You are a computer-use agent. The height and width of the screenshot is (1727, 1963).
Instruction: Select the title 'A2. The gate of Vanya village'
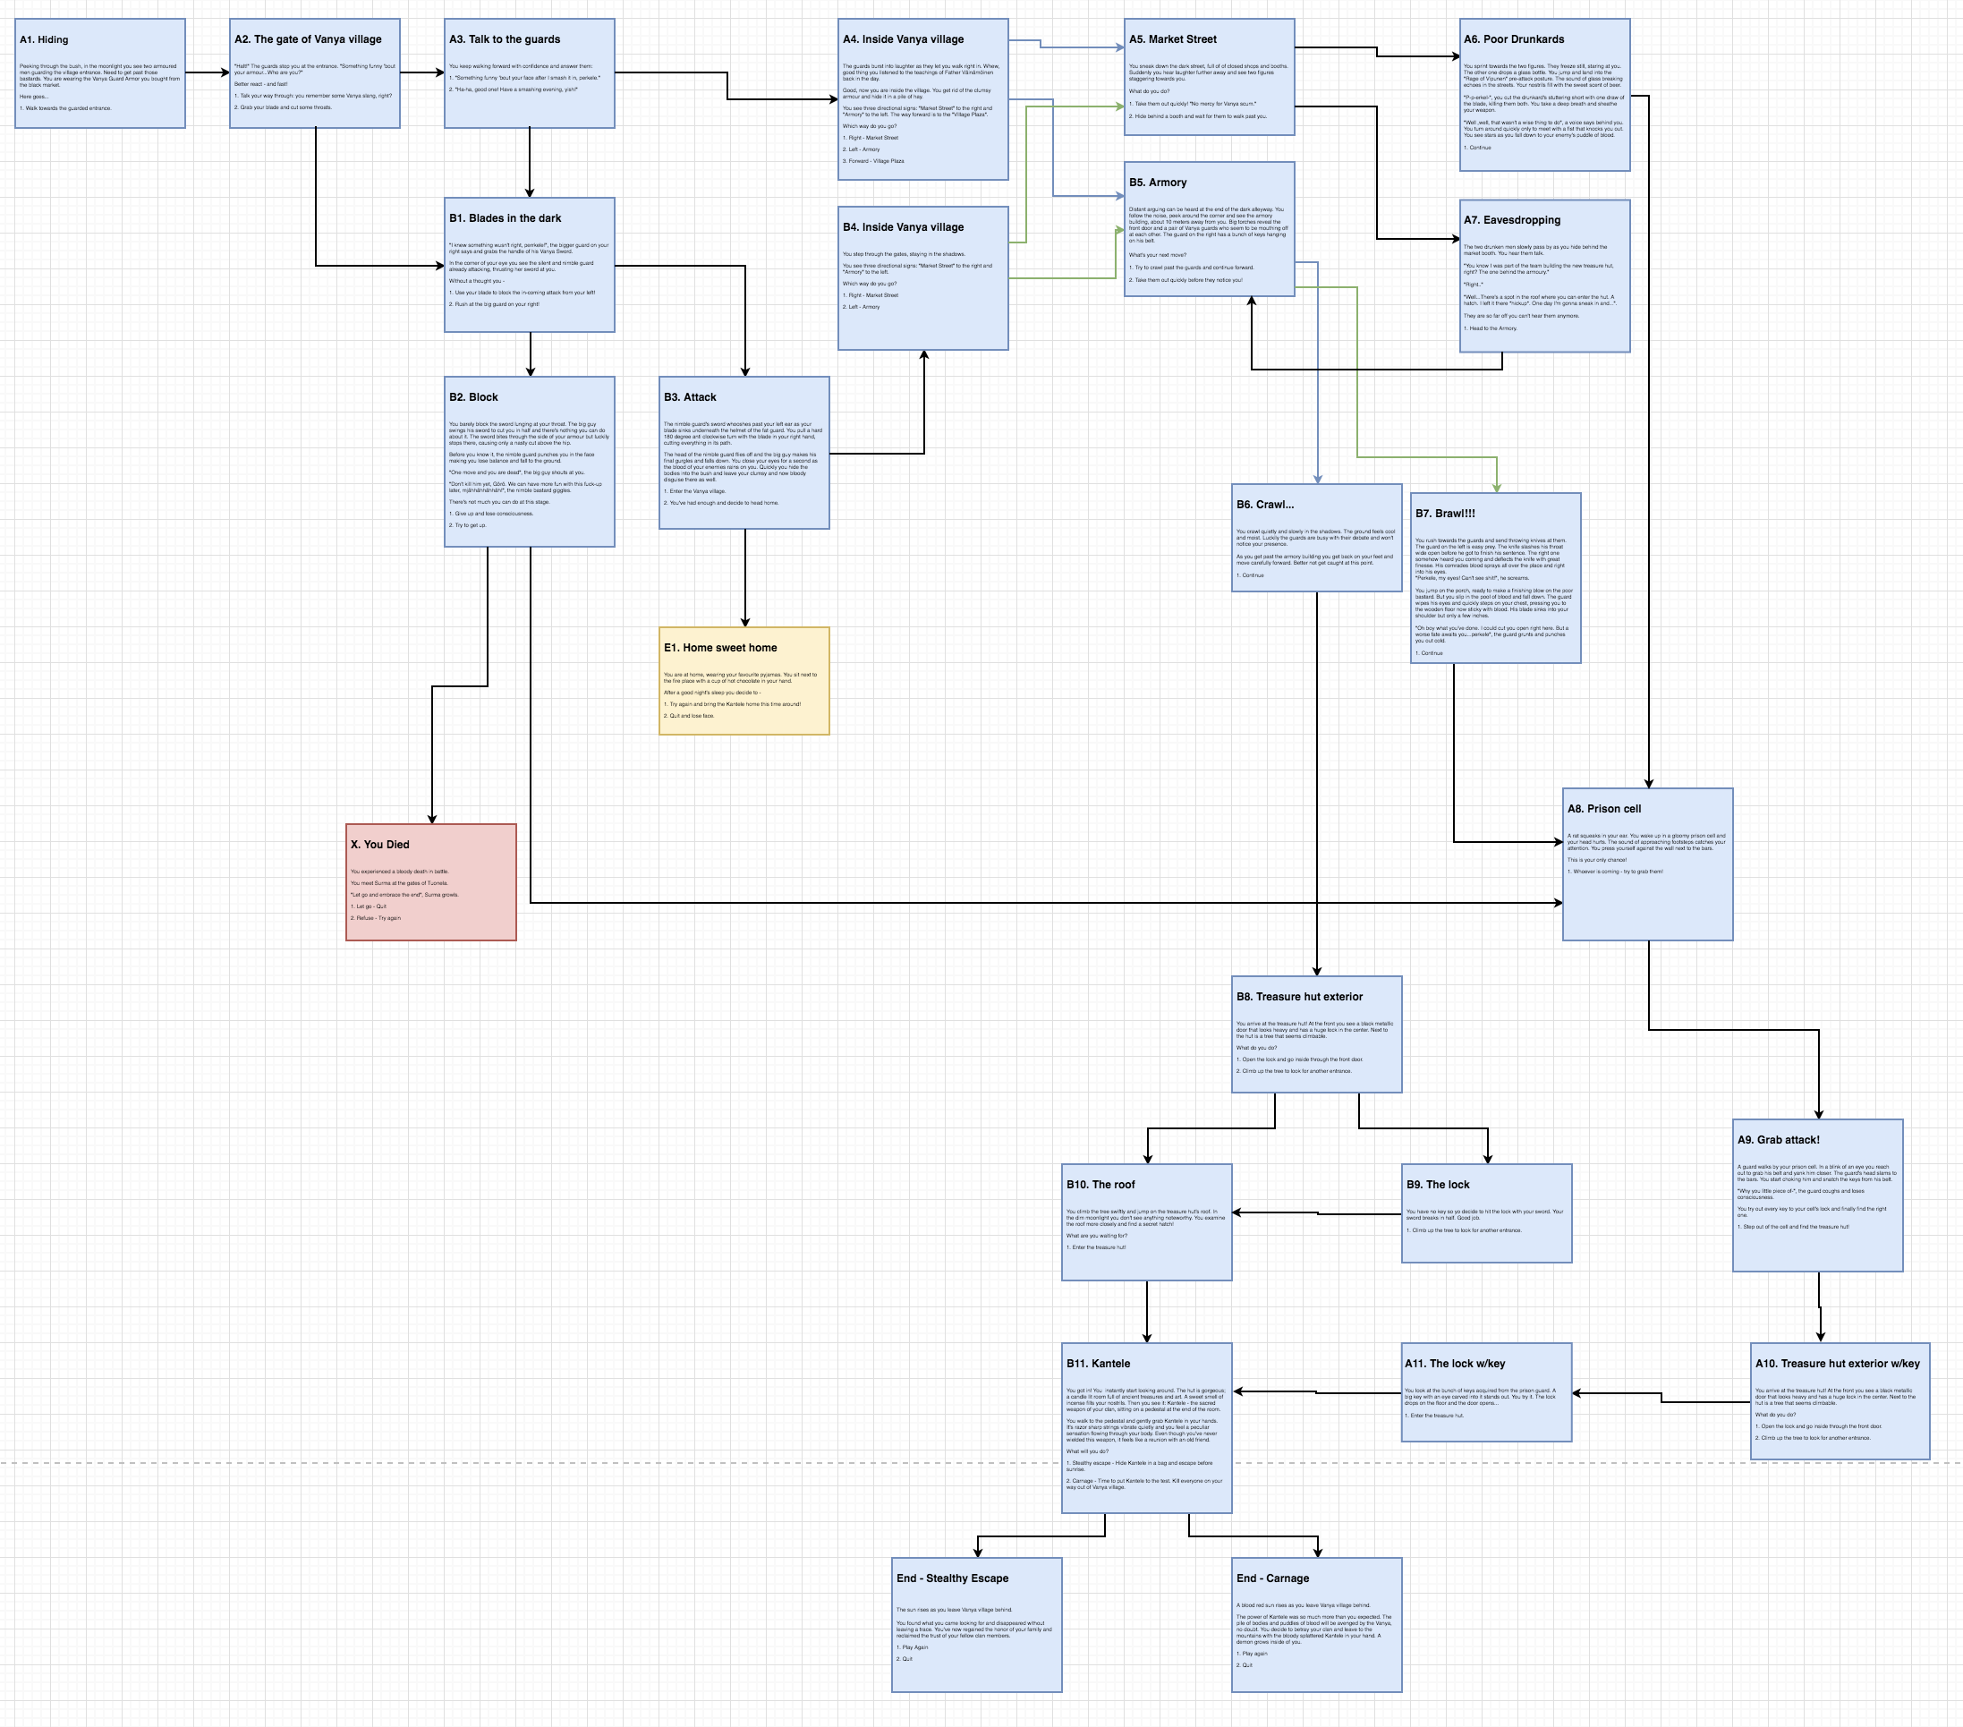click(x=307, y=39)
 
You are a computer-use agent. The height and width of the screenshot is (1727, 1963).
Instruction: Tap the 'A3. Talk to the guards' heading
click(x=505, y=39)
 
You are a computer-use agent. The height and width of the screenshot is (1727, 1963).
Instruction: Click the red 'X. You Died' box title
click(x=379, y=845)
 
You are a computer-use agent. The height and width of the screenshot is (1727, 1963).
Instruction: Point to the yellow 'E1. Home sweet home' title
click(x=720, y=647)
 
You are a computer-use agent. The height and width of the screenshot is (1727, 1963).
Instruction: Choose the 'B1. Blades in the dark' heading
click(x=506, y=218)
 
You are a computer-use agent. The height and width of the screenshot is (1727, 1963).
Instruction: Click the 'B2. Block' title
click(x=473, y=396)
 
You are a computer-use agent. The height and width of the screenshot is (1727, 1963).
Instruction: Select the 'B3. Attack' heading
click(x=690, y=396)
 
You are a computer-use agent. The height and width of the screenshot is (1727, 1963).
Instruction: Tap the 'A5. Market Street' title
click(x=1173, y=39)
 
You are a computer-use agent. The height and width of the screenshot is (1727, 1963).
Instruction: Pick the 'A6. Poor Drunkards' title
click(x=1514, y=39)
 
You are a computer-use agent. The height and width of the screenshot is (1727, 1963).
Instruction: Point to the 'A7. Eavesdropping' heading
click(x=1512, y=220)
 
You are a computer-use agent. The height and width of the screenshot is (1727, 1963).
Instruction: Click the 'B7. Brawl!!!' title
click(x=1444, y=513)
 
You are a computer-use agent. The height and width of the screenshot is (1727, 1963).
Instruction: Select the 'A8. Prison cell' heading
click(x=1604, y=809)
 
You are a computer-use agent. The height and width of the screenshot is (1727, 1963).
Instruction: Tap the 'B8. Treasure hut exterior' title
click(x=1299, y=997)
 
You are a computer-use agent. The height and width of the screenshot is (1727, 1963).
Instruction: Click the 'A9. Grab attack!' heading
click(x=1778, y=1140)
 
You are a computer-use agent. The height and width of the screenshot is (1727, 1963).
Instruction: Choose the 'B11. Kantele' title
click(x=1098, y=1364)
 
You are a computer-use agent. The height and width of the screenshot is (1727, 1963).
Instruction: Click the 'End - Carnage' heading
click(x=1272, y=1578)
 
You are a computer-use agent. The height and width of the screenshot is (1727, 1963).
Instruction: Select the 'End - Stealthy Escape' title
click(x=952, y=1578)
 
